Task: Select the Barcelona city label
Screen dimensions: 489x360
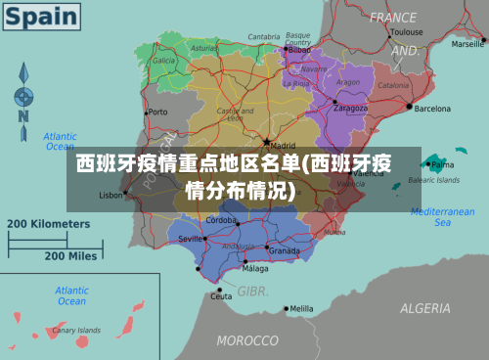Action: pos(432,109)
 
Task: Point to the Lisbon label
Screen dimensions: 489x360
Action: pos(111,195)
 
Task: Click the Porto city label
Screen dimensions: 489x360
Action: pos(157,112)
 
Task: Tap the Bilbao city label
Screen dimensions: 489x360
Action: pos(287,49)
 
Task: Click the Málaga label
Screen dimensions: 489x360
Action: pos(255,268)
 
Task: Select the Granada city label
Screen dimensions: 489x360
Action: pos(284,250)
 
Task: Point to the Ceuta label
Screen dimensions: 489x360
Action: pos(223,295)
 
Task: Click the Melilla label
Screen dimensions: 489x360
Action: pos(301,309)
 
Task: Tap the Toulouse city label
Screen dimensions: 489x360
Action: pos(406,31)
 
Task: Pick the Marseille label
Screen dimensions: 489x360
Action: pos(467,44)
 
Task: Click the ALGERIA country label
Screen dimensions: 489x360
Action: pos(424,308)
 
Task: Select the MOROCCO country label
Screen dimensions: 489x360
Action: pos(246,340)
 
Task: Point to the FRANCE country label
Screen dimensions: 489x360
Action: pos(392,17)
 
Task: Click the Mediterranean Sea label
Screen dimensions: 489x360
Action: pos(442,216)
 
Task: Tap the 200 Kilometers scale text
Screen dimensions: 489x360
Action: pos(49,223)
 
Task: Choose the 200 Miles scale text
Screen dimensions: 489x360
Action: pos(69,255)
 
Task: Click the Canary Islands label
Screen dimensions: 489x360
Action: pos(76,331)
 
